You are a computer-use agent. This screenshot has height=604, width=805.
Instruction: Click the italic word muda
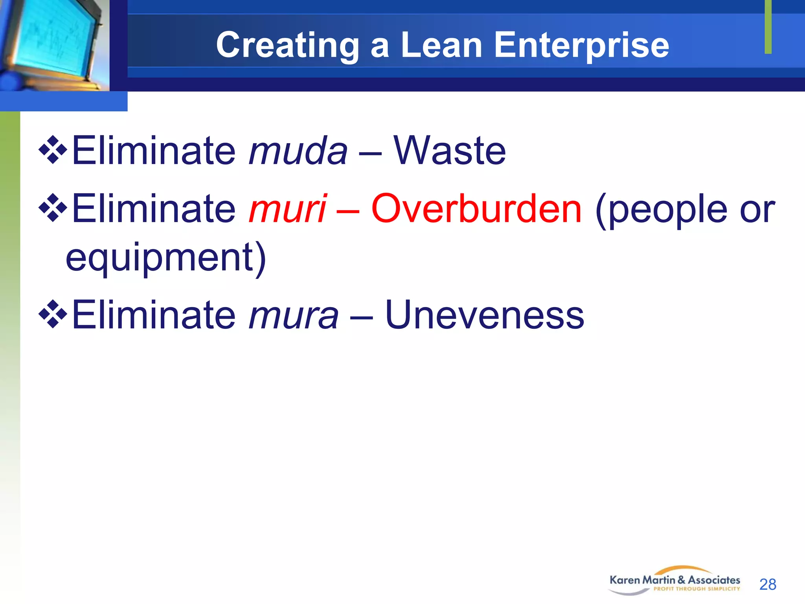(298, 151)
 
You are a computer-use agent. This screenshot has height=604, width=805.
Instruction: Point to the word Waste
(450, 151)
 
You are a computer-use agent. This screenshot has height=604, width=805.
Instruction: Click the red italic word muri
(288, 209)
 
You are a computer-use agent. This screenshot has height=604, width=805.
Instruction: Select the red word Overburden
(476, 209)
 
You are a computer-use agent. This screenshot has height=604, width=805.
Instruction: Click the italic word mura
(293, 315)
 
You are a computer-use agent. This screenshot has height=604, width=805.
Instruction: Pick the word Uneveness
(484, 315)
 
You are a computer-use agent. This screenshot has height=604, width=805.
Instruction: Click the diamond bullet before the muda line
(53, 150)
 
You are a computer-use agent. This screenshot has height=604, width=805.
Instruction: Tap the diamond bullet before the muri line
(53, 208)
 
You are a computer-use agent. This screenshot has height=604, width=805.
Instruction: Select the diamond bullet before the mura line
(53, 314)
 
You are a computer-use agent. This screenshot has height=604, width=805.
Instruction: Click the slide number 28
(768, 584)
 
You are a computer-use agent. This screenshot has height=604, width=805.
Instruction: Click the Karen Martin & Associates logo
(675, 580)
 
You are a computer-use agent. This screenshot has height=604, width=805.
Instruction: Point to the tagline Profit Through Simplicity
(697, 589)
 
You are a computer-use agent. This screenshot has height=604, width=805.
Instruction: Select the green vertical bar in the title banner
(768, 27)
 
